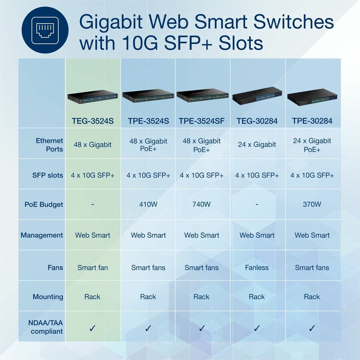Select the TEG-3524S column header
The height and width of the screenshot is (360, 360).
92,121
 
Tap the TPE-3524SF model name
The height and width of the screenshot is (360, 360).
202,121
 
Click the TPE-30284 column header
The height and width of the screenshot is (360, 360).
312,121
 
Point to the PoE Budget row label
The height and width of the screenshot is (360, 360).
44,204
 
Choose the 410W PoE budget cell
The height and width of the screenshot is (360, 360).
148,204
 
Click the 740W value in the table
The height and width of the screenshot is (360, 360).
202,204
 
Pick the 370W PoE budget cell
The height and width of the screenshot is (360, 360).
312,204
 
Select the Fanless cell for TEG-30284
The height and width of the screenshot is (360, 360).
257,268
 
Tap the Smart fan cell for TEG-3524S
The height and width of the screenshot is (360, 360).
92,268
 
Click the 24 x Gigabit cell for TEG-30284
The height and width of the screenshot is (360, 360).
257,144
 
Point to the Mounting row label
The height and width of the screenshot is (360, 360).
48,297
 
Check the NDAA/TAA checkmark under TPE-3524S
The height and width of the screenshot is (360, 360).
148,328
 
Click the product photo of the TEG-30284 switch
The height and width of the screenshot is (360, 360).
257,96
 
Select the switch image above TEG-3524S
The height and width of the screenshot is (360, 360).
92,96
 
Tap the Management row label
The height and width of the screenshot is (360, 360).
42,235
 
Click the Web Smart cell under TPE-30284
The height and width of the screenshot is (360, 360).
312,235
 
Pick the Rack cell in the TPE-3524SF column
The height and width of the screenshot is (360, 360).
201,297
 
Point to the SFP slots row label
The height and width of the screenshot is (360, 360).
48,175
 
